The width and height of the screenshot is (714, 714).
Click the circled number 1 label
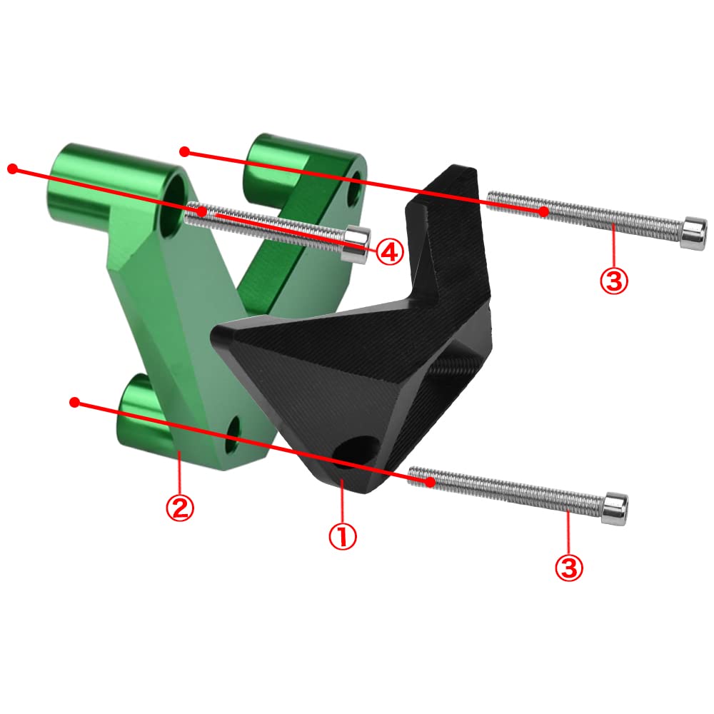[343, 536]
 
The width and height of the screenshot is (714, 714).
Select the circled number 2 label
[179, 507]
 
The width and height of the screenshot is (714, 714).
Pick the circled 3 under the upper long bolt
[614, 280]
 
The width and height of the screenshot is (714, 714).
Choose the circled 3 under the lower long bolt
[569, 568]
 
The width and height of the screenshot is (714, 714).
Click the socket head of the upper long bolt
[694, 233]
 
